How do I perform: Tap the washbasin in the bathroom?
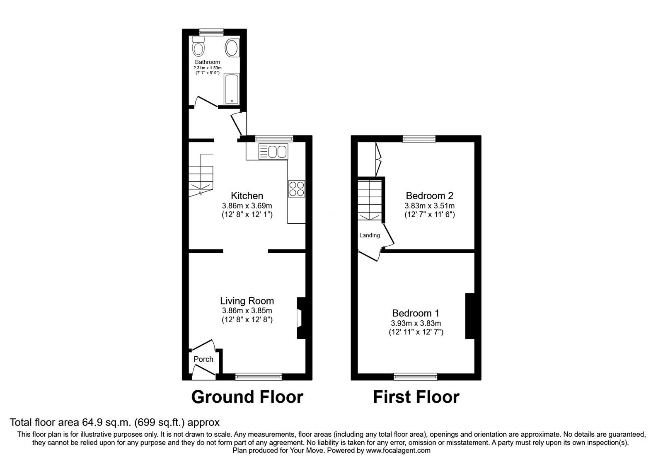[232, 48]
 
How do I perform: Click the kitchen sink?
[273, 151]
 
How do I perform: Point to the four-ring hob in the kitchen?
[296, 189]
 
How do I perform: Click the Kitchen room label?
[247, 196]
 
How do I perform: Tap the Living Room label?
[247, 301]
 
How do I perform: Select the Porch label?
[203, 359]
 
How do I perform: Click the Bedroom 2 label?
[430, 196]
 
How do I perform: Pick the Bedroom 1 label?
[416, 313]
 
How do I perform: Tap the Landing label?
[369, 235]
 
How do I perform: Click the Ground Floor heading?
[247, 397]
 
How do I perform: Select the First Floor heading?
[416, 397]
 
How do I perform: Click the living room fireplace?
[300, 318]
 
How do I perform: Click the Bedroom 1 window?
[416, 377]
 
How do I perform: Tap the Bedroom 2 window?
[419, 139]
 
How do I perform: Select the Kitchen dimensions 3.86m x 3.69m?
[247, 205]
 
